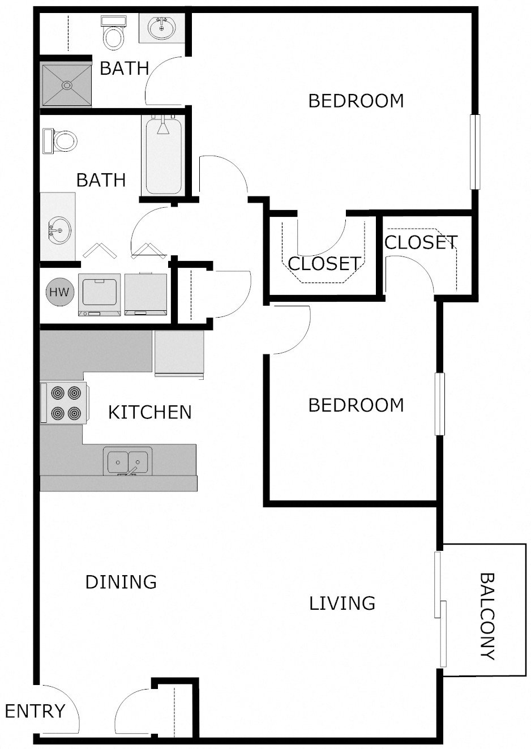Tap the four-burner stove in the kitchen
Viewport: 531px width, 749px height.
pos(63,403)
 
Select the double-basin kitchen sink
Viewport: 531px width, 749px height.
pos(127,461)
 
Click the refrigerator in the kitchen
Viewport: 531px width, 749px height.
pos(179,353)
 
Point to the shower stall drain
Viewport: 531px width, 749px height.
pos(67,85)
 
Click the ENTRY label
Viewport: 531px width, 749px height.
pos(35,711)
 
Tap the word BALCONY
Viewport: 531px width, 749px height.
pos(487,617)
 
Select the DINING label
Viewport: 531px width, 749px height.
pos(121,581)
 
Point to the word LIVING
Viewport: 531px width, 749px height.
pos(342,603)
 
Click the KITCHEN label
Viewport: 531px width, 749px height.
pos(150,412)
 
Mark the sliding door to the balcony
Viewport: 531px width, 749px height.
pos(440,609)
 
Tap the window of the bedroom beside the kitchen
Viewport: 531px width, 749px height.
pos(439,404)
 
